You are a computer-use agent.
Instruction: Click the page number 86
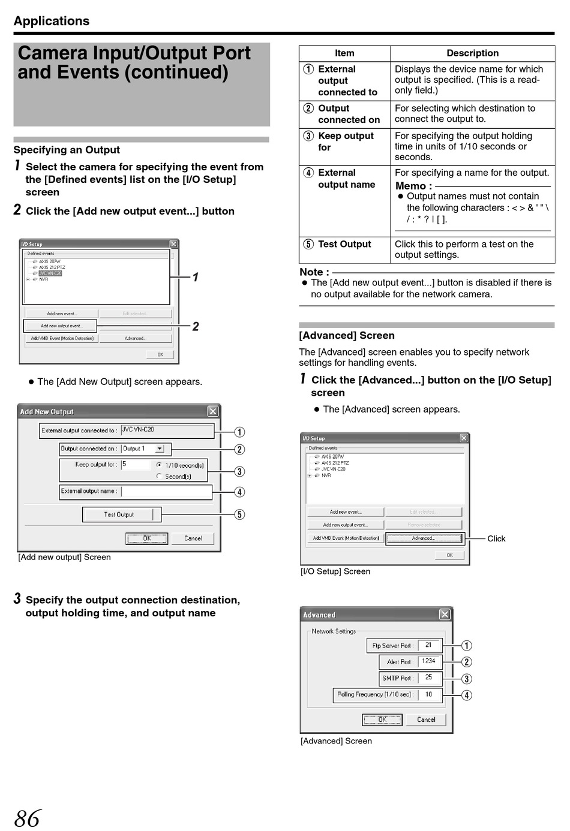pos(28,818)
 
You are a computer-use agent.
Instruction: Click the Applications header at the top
pos(52,21)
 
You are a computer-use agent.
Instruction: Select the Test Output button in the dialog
pos(119,514)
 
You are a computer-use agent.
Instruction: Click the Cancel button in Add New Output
pos(193,538)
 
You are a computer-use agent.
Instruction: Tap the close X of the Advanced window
pos(445,615)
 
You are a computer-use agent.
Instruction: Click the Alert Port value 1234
pos(428,661)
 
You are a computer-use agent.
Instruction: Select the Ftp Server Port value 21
pos(428,645)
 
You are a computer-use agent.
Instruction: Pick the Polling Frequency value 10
pos(429,694)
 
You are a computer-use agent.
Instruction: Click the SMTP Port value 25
pos(429,678)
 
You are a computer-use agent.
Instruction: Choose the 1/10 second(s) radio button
pos(159,465)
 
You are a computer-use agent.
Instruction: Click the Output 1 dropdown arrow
pos(160,448)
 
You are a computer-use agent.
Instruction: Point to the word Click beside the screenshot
pos(496,538)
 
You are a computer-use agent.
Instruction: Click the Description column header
pos(472,53)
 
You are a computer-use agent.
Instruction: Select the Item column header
pos(344,53)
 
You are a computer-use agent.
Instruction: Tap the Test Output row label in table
pos(344,244)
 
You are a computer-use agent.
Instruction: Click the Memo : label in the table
pos(413,186)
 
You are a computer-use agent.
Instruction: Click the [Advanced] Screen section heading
pos(347,336)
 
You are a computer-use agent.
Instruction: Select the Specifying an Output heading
pos(67,150)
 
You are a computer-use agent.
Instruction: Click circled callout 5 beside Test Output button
pos(239,514)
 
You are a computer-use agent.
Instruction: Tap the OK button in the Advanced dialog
pos(382,719)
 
